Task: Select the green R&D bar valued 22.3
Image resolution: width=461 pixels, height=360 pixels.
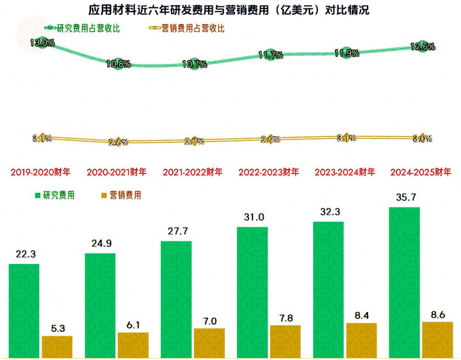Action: pyautogui.click(x=24, y=310)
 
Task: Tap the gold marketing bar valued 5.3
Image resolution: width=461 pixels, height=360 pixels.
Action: pyautogui.click(x=57, y=346)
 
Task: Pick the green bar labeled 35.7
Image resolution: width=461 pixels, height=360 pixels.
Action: pyautogui.click(x=404, y=282)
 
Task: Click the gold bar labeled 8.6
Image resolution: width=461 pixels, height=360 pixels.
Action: pyautogui.click(x=437, y=339)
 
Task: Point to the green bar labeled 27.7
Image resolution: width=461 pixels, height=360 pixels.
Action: pyautogui.click(x=176, y=299)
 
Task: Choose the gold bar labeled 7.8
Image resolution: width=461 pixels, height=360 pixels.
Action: pyautogui.click(x=286, y=341)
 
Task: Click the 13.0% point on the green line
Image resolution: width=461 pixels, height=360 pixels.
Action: pyautogui.click(x=42, y=43)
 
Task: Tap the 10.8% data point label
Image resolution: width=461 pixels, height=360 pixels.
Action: pyautogui.click(x=118, y=63)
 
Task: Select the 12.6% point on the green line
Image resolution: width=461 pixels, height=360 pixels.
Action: pyautogui.click(x=422, y=46)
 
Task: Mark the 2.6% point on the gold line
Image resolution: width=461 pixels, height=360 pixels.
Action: pyautogui.click(x=118, y=142)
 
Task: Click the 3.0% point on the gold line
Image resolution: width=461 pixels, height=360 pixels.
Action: pyautogui.click(x=422, y=138)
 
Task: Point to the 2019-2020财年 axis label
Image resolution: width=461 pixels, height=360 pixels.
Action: pyautogui.click(x=40, y=172)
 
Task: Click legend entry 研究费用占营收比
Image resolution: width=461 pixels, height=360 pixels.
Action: pyautogui.click(x=83, y=28)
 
